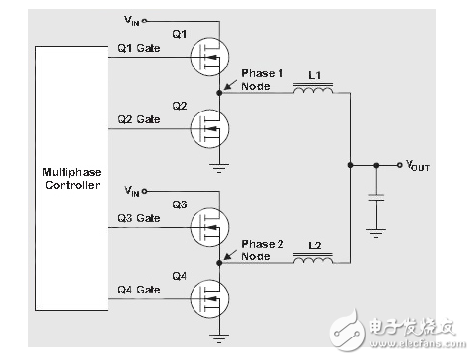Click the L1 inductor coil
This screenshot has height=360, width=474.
coord(313,90)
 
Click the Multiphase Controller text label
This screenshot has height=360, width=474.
coord(71,178)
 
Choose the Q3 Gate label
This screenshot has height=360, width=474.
coord(138,219)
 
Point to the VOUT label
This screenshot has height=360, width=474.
coord(416,167)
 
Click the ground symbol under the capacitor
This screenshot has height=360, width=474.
coord(375,233)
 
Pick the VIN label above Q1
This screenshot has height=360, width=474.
coord(132,19)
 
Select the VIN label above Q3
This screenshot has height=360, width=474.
coord(132,189)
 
